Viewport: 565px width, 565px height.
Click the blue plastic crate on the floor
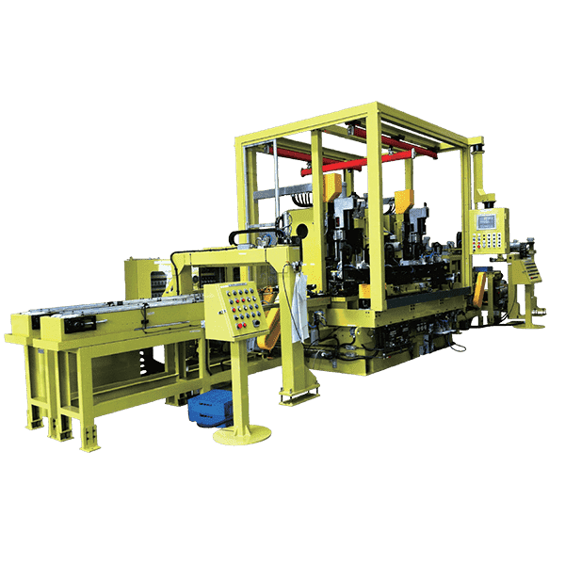pyautogui.click(x=209, y=408)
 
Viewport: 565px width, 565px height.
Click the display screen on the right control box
pyautogui.click(x=488, y=221)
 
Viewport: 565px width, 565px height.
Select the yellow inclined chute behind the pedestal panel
pyautogui.click(x=270, y=325)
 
